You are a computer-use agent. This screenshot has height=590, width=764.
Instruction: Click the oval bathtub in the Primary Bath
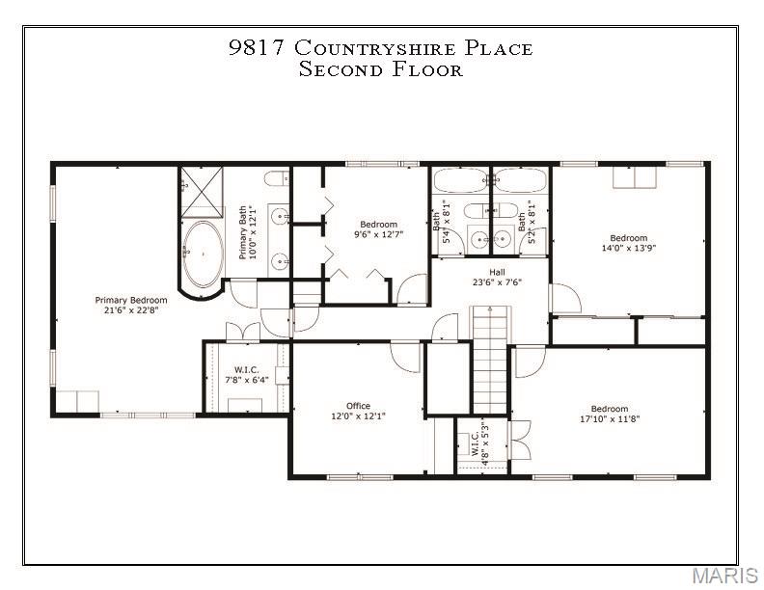point(202,255)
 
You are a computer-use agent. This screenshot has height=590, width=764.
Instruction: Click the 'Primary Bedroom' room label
point(130,299)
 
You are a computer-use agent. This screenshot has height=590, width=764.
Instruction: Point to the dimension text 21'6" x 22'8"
point(130,309)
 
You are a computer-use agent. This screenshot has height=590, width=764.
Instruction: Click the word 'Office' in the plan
point(358,406)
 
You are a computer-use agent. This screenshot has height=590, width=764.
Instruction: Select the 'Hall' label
point(497,272)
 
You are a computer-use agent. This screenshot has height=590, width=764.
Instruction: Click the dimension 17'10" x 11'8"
point(609,419)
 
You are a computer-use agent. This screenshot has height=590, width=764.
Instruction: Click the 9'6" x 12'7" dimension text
point(378,234)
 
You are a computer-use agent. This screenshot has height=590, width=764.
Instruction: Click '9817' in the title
point(257,48)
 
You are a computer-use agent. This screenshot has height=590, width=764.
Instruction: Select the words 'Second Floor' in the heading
point(381,69)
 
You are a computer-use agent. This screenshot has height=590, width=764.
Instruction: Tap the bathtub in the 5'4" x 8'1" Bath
point(459,180)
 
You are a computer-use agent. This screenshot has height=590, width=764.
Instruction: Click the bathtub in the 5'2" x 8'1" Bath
point(521,180)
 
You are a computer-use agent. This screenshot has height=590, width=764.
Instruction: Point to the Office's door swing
point(406,356)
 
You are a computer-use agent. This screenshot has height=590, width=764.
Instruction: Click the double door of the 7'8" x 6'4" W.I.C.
point(242,332)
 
